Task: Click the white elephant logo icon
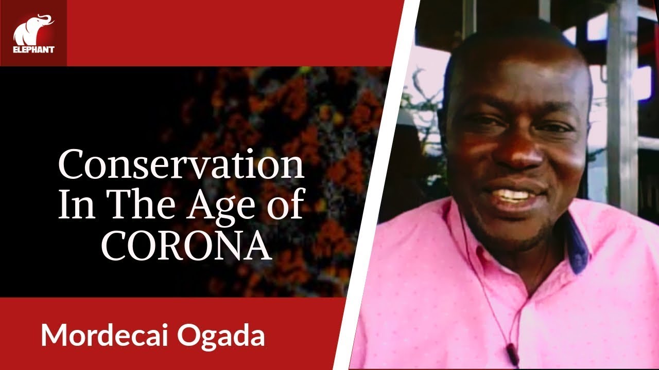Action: click(32, 29)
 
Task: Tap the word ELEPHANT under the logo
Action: click(33, 50)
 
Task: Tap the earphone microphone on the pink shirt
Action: click(511, 350)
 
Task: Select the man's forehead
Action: click(520, 77)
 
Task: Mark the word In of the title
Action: click(70, 206)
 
